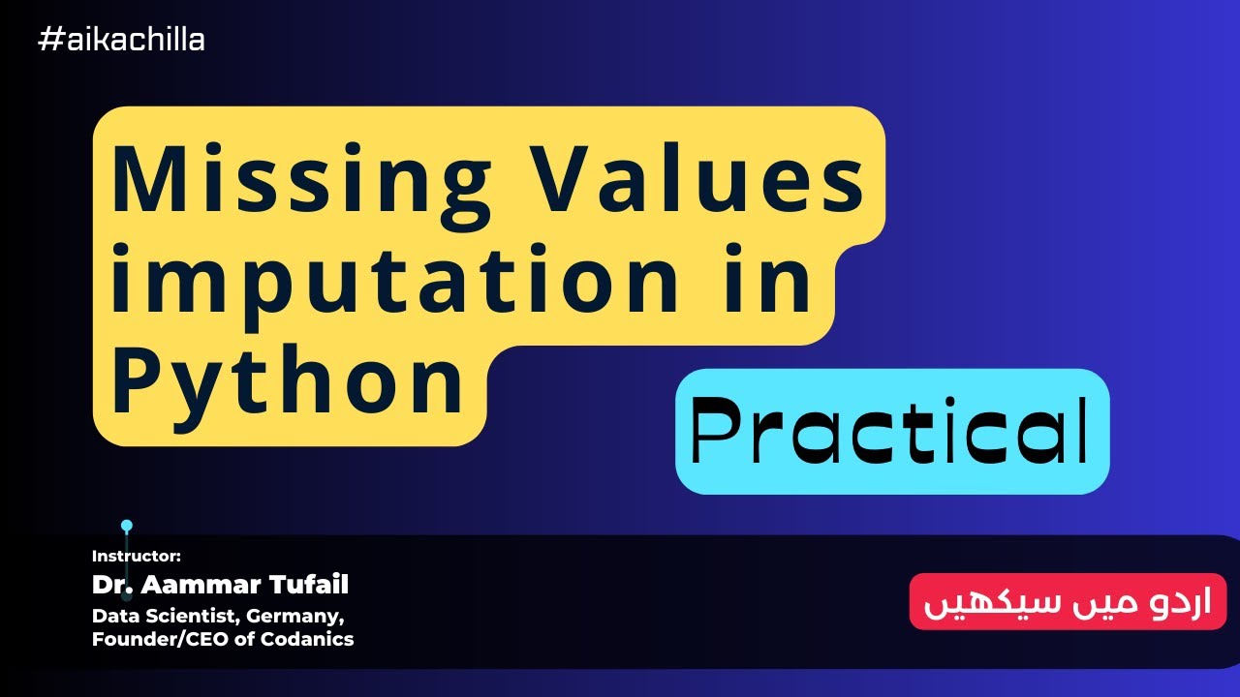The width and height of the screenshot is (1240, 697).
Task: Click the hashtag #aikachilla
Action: (x=121, y=41)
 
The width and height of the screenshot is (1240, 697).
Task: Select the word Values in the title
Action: (x=692, y=182)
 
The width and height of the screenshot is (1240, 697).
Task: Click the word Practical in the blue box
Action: (x=890, y=432)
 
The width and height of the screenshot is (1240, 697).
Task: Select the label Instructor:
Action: (x=137, y=556)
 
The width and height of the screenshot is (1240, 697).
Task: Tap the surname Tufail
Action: (x=307, y=585)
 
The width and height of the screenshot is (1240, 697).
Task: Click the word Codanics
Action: (x=313, y=639)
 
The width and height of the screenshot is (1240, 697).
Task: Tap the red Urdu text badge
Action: (x=1068, y=601)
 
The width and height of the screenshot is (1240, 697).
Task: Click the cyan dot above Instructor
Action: (x=126, y=526)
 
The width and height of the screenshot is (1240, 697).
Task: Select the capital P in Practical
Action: (x=717, y=432)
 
